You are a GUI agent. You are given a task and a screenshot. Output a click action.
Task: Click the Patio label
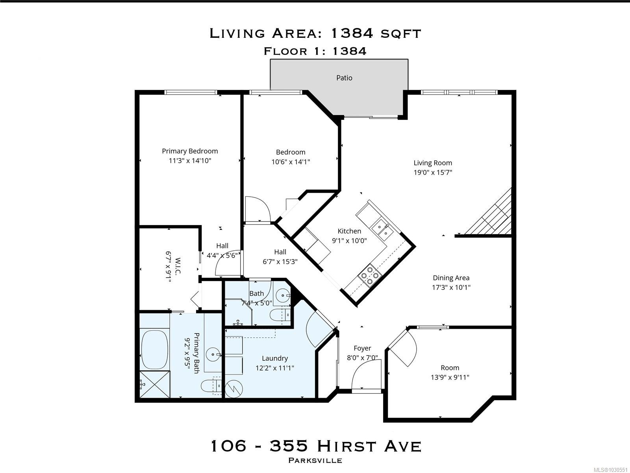coord(344,78)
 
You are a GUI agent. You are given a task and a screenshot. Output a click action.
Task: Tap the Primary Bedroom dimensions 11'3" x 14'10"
coord(190,160)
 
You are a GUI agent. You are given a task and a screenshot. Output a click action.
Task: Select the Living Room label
coord(432,163)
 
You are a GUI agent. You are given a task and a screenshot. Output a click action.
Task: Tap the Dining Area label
coord(451,278)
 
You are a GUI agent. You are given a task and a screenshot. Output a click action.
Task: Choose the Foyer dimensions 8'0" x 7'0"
coord(362,358)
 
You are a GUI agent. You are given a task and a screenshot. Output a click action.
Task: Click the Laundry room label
coord(275,358)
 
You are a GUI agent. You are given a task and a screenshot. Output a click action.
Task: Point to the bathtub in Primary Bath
coord(155,350)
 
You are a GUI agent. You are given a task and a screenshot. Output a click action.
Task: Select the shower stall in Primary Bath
coord(155,384)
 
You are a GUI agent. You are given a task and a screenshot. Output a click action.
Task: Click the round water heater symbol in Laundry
coord(234,389)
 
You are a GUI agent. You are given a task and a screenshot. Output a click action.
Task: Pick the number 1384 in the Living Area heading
coord(352,34)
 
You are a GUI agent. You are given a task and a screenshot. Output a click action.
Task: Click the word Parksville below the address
coord(315,460)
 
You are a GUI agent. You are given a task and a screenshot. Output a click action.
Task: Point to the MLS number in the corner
coord(610,470)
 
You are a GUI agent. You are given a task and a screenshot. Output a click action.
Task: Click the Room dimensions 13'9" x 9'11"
coord(450,377)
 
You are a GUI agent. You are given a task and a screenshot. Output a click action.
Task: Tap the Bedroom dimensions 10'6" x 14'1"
coord(291,162)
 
